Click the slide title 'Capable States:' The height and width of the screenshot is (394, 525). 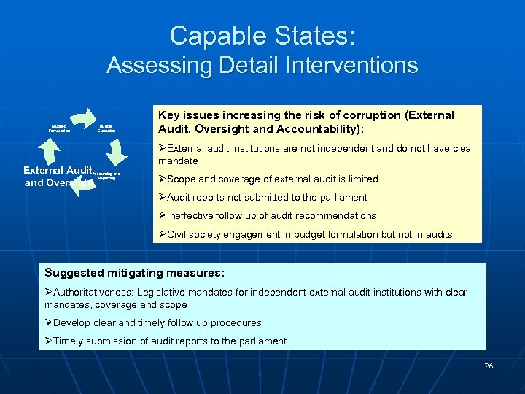point(262,35)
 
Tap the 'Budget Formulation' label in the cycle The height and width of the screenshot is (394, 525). point(59,128)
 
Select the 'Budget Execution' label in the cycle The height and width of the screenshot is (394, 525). point(106,128)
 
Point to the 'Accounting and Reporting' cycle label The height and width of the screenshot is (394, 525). point(107,176)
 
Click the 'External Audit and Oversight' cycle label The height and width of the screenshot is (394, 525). point(57,176)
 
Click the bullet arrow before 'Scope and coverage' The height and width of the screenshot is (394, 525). point(163,179)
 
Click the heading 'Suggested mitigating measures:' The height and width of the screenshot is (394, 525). point(135,273)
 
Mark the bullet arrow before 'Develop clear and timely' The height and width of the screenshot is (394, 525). point(48,322)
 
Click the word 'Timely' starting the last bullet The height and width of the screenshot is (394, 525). point(68,341)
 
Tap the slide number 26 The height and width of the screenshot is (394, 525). point(489,366)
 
